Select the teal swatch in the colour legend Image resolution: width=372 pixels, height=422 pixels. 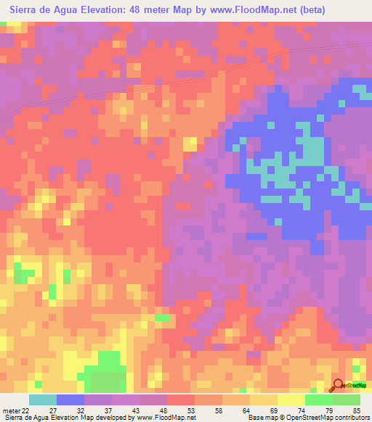(x=43, y=400)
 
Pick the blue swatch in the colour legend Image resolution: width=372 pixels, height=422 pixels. (x=70, y=400)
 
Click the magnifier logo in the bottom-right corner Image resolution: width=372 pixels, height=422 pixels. (x=339, y=386)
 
